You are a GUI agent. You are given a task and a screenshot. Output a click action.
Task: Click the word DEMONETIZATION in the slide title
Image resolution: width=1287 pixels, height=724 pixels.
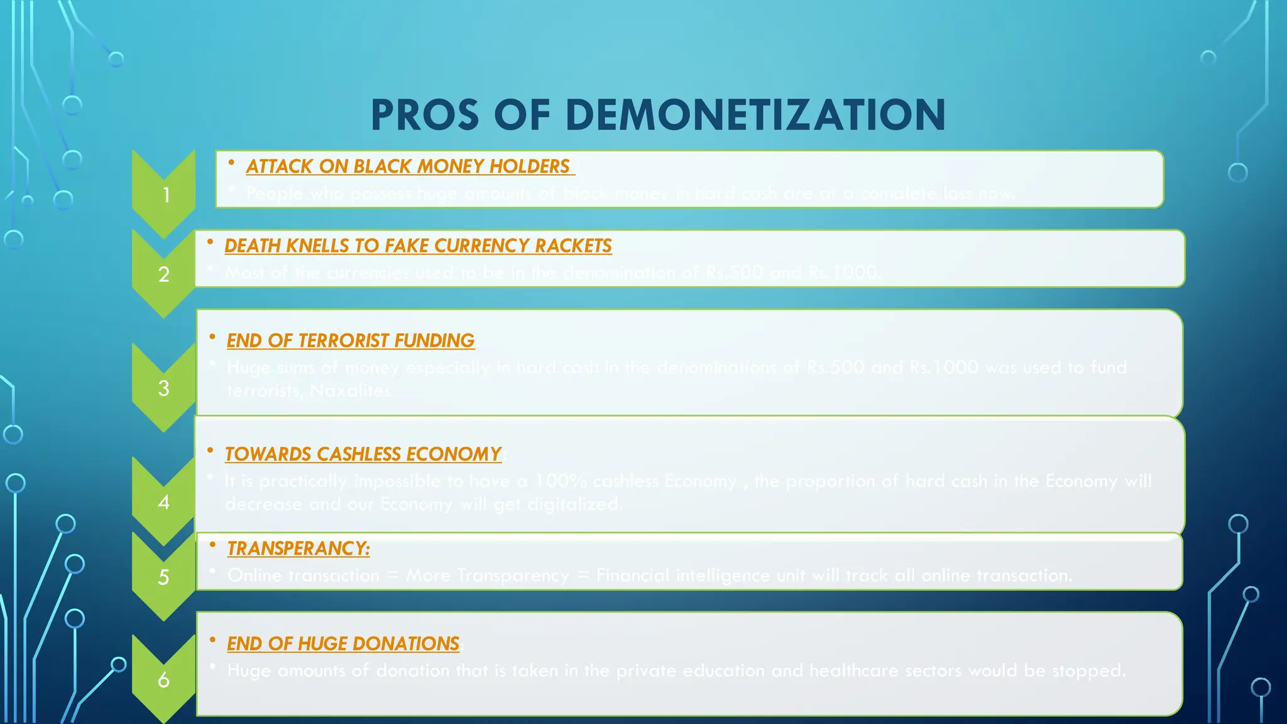[755, 115]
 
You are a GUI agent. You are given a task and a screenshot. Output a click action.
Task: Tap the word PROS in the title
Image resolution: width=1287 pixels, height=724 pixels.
[425, 115]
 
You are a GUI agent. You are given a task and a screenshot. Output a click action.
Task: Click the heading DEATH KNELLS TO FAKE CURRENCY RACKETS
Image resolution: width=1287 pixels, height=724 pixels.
[418, 246]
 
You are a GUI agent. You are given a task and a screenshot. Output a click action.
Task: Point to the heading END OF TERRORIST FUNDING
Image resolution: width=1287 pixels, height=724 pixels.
[350, 341]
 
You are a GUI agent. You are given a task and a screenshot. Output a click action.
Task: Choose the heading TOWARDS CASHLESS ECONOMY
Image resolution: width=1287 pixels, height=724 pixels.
[363, 454]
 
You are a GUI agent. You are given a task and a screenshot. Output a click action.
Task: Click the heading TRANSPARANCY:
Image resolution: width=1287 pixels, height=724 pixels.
[298, 549]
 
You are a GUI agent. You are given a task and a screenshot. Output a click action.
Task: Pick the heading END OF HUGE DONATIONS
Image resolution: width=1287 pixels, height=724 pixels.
[343, 644]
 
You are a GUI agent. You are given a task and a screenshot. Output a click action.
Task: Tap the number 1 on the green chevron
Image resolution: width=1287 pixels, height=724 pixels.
[166, 195]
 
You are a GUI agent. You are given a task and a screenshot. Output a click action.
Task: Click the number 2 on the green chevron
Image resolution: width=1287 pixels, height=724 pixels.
[164, 275]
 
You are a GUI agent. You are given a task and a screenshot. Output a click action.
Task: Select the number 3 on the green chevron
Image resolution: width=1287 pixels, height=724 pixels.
[164, 388]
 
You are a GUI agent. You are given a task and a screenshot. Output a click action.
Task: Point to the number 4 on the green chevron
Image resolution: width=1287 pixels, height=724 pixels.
[164, 502]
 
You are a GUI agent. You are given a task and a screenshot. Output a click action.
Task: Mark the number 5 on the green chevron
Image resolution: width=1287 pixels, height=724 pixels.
[163, 577]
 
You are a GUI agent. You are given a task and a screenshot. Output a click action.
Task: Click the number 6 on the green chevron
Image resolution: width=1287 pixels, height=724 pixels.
[163, 679]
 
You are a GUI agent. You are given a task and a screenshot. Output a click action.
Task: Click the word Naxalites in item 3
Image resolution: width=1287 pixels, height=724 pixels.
[351, 391]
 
